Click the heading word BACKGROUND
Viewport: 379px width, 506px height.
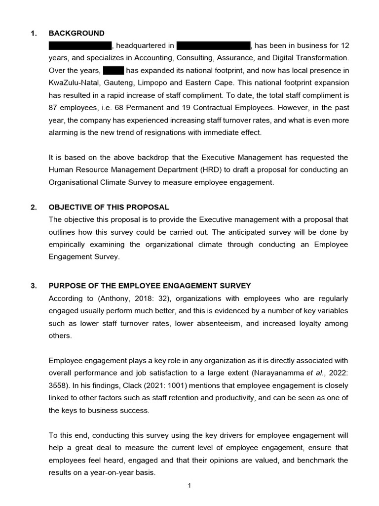coord(76,33)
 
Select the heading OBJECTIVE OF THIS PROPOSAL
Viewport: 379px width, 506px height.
coord(109,207)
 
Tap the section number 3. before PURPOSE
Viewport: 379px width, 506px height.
coord(34,286)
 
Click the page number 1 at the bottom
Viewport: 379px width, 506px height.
coord(189,486)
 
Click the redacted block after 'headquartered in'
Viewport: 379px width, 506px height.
coord(213,46)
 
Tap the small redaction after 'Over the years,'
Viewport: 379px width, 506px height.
coord(114,70)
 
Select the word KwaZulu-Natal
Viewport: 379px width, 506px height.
coord(72,83)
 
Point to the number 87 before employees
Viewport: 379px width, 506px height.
coord(53,107)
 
